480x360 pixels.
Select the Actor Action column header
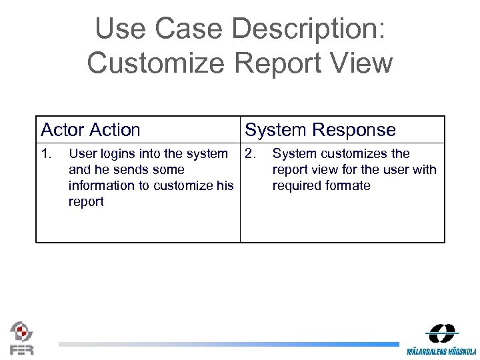tap(91, 130)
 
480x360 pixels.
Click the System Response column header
tap(320, 130)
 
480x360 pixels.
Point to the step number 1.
tap(45, 154)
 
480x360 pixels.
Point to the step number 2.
tap(250, 154)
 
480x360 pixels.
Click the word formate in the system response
tap(347, 186)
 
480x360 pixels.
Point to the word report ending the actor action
tap(86, 202)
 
